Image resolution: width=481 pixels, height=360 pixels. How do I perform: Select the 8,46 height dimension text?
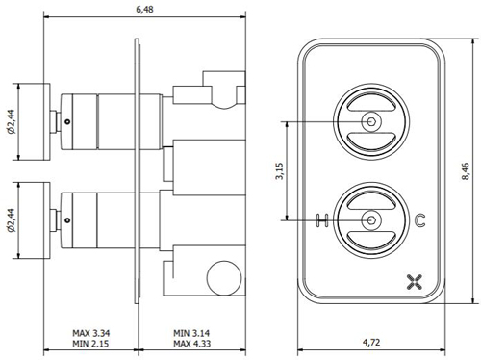click(x=465, y=169)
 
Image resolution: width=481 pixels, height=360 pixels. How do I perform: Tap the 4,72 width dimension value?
click(x=371, y=341)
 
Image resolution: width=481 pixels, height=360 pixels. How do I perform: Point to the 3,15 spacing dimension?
click(x=279, y=171)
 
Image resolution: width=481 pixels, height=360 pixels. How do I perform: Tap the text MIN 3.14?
click(x=193, y=332)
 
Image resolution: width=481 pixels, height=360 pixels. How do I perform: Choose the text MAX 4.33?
click(x=193, y=344)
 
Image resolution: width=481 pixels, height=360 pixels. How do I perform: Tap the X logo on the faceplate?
click(x=416, y=281)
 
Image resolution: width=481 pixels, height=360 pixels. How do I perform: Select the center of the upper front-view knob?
click(x=371, y=122)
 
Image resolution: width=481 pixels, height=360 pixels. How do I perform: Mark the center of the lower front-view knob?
click(x=371, y=220)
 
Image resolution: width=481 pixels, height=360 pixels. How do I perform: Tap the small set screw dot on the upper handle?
click(x=68, y=121)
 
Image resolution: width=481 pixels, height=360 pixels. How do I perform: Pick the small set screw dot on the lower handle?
click(x=68, y=220)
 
